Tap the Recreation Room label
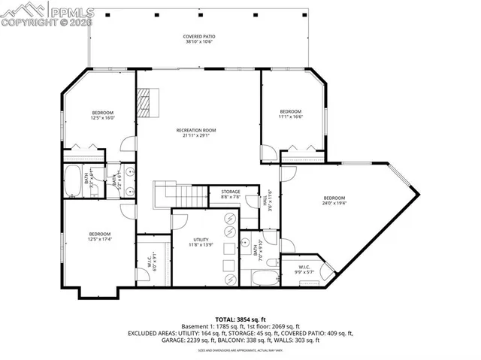[x=196, y=133]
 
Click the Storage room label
[x=231, y=194]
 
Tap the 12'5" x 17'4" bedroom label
[x=100, y=237]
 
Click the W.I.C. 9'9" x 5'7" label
[x=304, y=269]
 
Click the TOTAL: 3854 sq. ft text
[x=240, y=319]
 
